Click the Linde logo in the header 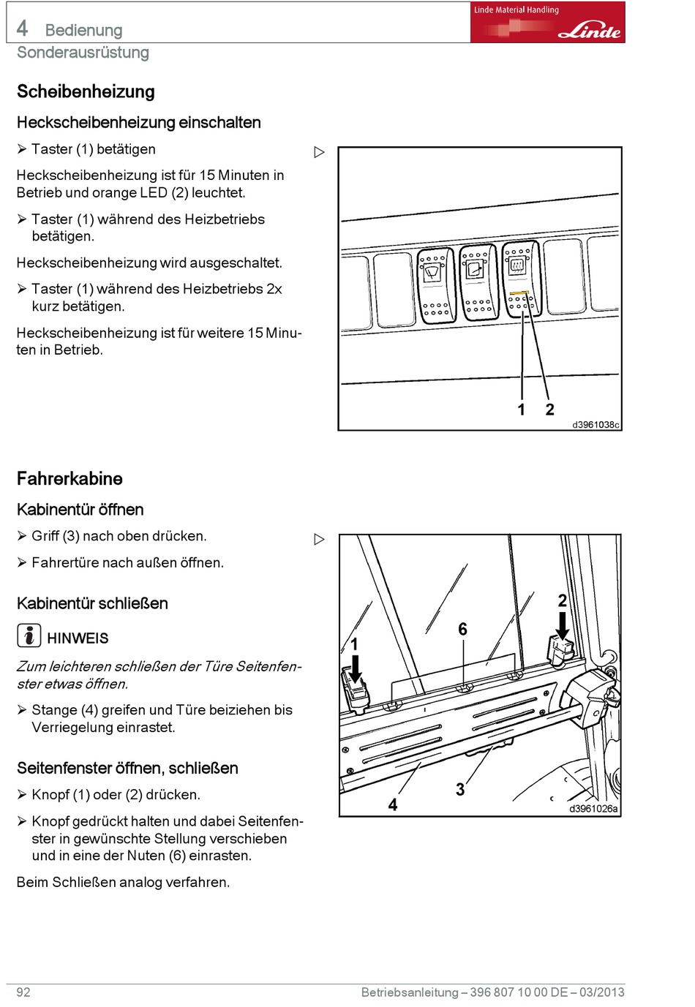pos(589,31)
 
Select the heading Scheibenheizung pos(86,91)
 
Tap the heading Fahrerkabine pos(69,478)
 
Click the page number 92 pos(23,992)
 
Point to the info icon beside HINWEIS pos(29,635)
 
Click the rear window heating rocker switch pos(520,278)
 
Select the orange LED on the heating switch pos(519,293)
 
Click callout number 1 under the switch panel pos(522,410)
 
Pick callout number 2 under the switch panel pos(549,410)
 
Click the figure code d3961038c pos(595,425)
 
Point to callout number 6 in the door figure pos(462,629)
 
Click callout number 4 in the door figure pos(393,804)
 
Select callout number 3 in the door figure pos(460,790)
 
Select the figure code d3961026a pos(593,809)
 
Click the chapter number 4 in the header pos(23,29)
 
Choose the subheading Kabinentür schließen pos(92,603)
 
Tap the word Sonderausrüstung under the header pos(83,53)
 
